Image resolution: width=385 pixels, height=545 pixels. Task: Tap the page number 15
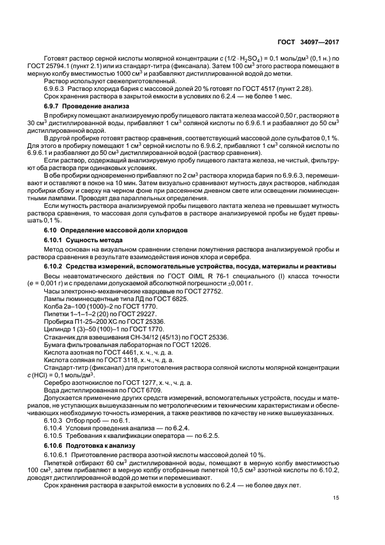pos(336,497)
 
